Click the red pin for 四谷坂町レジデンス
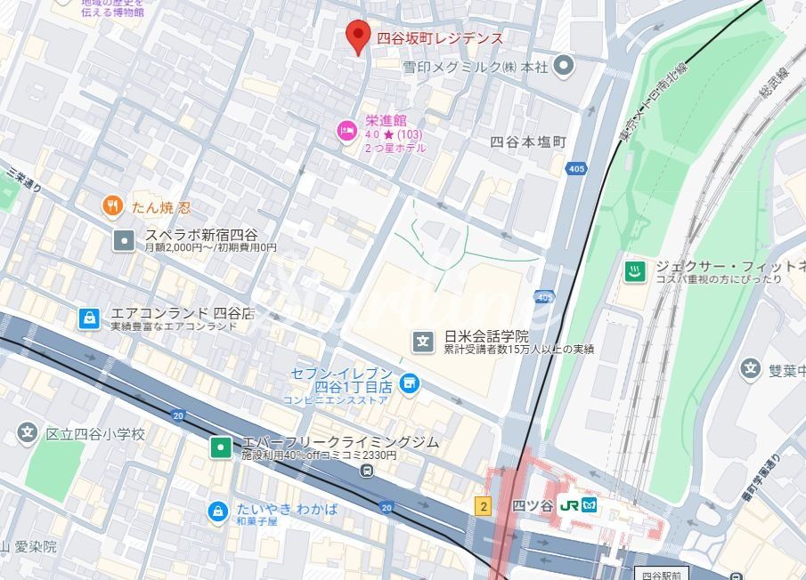pyautogui.click(x=357, y=36)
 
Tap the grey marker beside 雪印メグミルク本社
pyautogui.click(x=563, y=66)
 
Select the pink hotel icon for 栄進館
pyautogui.click(x=346, y=132)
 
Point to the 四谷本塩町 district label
pyautogui.click(x=527, y=142)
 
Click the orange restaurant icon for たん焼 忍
pyautogui.click(x=112, y=207)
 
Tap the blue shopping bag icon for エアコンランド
pyautogui.click(x=88, y=318)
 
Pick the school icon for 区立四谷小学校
pyautogui.click(x=28, y=434)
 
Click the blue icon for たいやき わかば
pyautogui.click(x=216, y=512)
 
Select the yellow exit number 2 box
pyautogui.click(x=483, y=506)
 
